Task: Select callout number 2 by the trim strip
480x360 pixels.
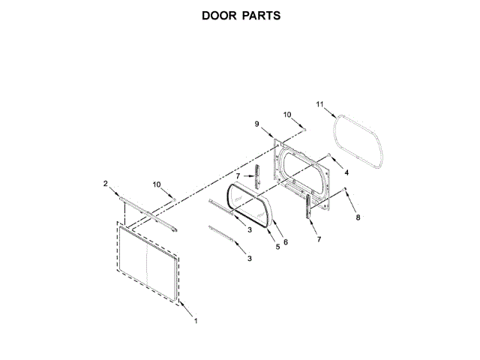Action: [106, 183]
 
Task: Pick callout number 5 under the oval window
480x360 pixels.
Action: [277, 246]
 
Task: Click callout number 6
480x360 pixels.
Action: [285, 241]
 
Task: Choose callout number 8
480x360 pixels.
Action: [358, 217]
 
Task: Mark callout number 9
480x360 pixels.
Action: [256, 124]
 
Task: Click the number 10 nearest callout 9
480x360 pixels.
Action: [287, 114]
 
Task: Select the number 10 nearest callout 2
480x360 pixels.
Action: [157, 184]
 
